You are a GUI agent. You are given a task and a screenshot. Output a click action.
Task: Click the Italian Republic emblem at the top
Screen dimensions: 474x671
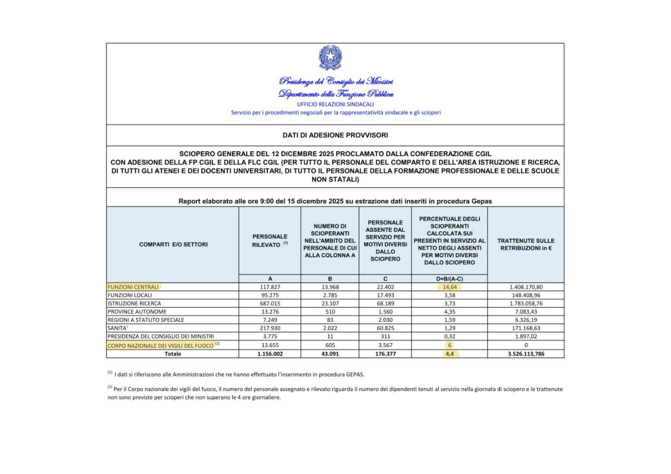(x=330, y=58)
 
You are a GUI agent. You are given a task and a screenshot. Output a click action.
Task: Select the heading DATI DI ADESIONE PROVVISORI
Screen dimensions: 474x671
(x=335, y=135)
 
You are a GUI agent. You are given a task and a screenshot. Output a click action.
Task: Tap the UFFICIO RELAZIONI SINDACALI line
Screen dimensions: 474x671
(x=335, y=104)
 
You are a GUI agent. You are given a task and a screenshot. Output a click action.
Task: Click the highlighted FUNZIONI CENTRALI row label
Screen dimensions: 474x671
(x=133, y=287)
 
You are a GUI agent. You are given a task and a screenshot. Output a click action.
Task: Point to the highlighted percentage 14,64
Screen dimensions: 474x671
(x=450, y=287)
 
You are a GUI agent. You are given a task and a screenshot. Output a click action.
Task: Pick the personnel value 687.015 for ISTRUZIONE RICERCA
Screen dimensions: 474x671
(x=270, y=304)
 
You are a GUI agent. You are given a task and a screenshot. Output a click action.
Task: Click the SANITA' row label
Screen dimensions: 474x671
(x=118, y=328)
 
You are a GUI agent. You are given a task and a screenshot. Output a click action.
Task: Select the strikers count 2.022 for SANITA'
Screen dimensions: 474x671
(x=330, y=328)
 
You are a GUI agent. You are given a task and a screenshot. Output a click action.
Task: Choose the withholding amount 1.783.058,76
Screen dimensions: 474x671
(x=526, y=304)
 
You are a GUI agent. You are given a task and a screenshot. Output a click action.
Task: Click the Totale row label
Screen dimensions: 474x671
(x=173, y=354)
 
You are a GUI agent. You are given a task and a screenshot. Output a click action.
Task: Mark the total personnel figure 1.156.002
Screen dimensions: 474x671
(x=270, y=354)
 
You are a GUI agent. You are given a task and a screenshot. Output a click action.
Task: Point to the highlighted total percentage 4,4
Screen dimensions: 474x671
(x=450, y=354)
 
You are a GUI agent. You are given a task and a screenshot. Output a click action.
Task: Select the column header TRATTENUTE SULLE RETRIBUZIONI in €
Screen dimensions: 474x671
(x=526, y=245)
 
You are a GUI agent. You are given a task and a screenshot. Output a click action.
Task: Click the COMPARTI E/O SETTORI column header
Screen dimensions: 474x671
(x=173, y=245)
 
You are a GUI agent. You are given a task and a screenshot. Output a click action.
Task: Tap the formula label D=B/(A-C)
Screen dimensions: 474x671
(x=450, y=279)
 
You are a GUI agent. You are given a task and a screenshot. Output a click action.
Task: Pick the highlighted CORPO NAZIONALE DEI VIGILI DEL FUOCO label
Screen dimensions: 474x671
(x=161, y=346)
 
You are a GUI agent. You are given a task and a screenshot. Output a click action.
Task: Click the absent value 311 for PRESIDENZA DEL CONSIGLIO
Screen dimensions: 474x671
(x=385, y=336)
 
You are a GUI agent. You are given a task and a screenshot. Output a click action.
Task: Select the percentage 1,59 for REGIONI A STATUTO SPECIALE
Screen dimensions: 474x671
(x=450, y=320)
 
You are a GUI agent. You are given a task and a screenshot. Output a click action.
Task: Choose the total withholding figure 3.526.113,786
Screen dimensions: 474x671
(x=526, y=354)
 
